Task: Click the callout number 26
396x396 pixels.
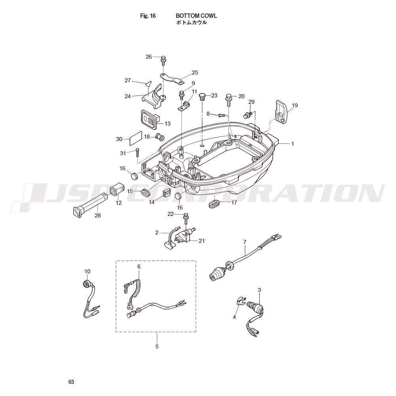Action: [x=149, y=57]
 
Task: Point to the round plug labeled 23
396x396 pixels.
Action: [x=202, y=97]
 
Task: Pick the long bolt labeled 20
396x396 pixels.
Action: [x=229, y=101]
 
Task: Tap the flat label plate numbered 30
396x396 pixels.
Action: [x=135, y=138]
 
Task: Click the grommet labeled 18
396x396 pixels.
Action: [x=160, y=137]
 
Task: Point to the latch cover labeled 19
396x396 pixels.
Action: [x=281, y=112]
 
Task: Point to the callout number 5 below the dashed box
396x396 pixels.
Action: [x=157, y=346]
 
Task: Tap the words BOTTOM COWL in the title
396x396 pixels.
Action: [x=196, y=16]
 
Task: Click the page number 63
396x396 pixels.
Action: [x=71, y=382]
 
